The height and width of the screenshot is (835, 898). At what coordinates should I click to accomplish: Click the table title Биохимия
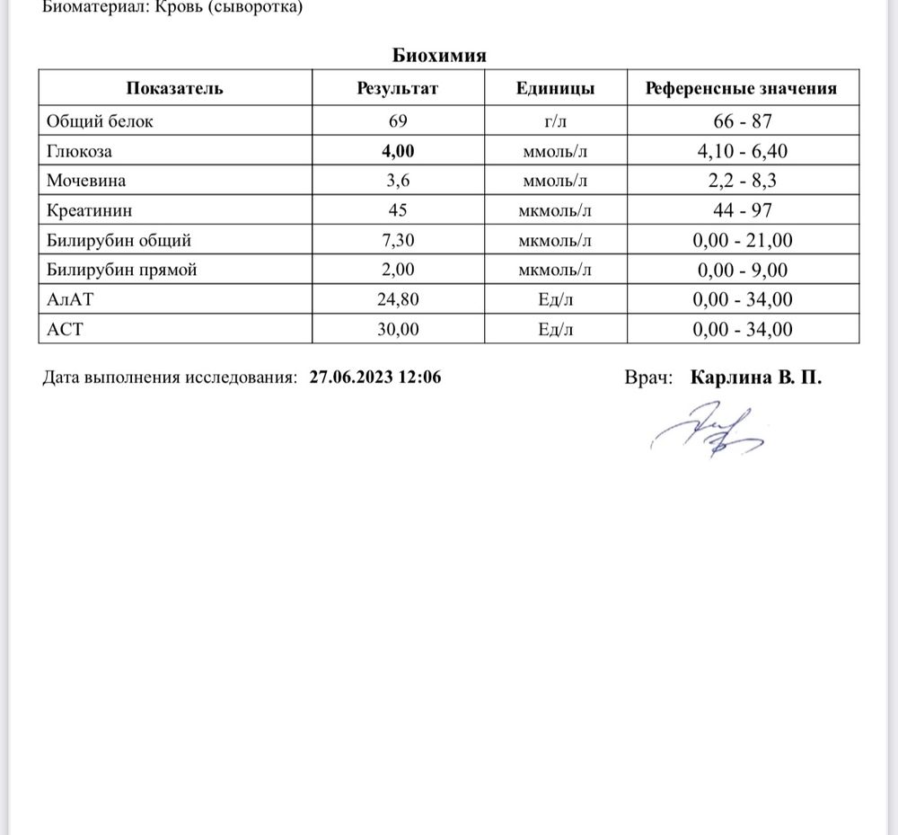point(439,56)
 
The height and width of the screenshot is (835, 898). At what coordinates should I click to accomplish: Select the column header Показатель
point(175,88)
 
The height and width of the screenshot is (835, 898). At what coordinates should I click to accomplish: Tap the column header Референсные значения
point(741,88)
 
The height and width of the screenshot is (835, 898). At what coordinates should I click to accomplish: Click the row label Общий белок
point(99,120)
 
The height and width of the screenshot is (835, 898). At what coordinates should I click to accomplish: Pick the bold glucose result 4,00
point(399,151)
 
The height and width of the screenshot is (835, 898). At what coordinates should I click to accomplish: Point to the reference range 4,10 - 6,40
point(743,151)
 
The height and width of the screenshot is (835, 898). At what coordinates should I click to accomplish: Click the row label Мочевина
point(86,181)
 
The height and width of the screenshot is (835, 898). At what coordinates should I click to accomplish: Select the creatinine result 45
point(399,210)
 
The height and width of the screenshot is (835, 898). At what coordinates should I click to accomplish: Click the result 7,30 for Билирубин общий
point(399,240)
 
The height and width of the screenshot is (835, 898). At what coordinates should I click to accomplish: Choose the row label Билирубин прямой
point(121,270)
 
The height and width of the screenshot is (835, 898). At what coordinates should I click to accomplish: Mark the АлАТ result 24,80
point(399,299)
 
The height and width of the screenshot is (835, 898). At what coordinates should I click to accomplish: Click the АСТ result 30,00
point(399,329)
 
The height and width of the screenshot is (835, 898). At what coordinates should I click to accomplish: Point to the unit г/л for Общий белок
point(555,121)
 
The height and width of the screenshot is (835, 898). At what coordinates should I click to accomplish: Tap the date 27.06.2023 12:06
point(374,378)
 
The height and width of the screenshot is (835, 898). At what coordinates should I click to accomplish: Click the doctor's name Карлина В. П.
point(755,378)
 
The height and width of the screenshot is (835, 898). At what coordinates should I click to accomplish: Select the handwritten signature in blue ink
point(708,433)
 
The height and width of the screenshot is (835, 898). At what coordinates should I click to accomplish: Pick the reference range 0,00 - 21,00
point(743,240)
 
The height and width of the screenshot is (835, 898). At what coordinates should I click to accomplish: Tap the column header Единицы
point(555,88)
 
